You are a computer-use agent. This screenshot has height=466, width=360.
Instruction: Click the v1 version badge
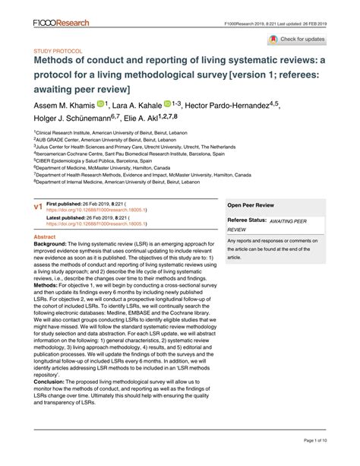point(38,206)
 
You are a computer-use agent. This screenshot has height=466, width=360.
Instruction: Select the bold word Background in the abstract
point(54,245)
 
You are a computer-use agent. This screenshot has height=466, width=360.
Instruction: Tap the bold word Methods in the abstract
point(49,288)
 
